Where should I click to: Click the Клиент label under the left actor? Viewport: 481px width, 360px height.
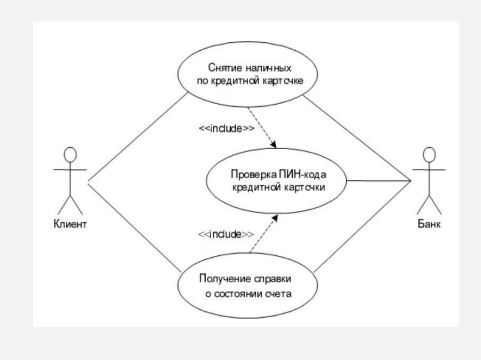point(70,224)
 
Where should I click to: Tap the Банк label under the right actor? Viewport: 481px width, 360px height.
point(429,224)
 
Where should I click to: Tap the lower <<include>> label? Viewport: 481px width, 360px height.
point(225,234)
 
